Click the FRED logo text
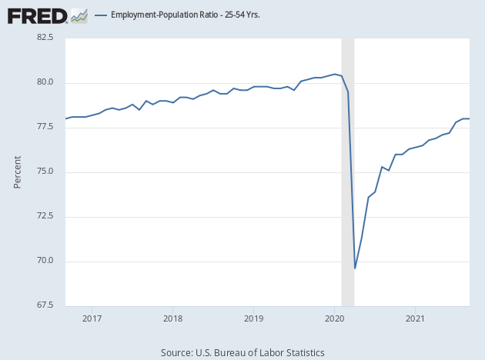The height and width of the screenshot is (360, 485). click(36, 15)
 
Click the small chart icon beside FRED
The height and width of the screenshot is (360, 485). click(79, 15)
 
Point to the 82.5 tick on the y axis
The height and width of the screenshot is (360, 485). click(44, 38)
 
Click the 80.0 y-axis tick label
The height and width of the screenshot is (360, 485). click(44, 82)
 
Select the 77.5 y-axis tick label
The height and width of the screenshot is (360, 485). click(44, 127)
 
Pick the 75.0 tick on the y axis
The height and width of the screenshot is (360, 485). click(44, 172)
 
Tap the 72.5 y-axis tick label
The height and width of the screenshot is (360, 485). click(44, 216)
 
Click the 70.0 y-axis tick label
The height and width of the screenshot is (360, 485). click(44, 261)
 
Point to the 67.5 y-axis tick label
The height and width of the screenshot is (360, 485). click(44, 305)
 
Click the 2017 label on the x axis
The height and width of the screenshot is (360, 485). click(92, 317)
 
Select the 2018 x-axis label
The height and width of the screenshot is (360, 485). click(172, 317)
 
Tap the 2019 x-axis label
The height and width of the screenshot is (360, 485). click(253, 317)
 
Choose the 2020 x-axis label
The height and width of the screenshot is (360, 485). click(334, 317)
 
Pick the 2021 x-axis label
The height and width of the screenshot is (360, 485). click(415, 317)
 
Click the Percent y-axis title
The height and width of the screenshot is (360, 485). click(18, 172)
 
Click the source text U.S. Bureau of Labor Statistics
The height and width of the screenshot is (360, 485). click(242, 352)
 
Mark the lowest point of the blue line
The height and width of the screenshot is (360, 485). click(355, 268)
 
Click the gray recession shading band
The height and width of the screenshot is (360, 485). click(348, 192)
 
